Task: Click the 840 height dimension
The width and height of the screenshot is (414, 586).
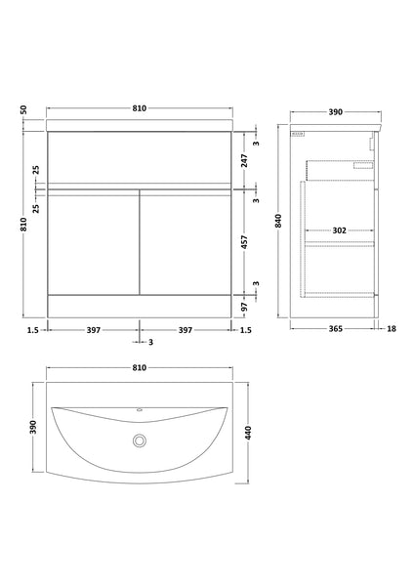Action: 279,221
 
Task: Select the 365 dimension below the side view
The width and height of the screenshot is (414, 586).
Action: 333,330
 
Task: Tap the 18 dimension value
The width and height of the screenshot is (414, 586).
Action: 391,330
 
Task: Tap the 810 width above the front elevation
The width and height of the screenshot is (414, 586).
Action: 139,107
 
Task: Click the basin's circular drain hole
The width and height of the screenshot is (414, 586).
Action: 140,441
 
